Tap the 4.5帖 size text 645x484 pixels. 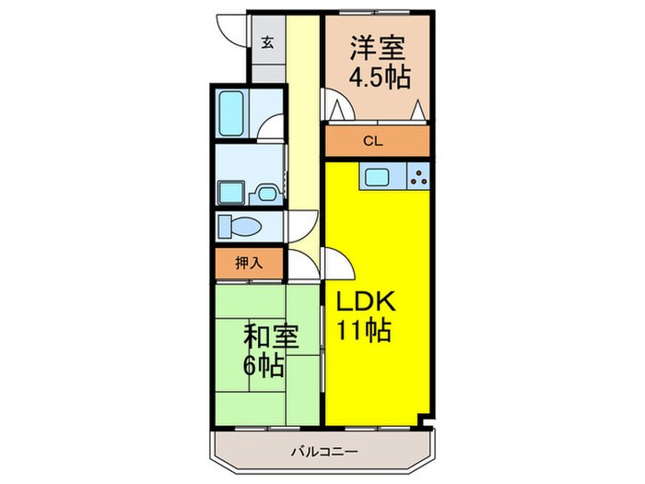click(379, 78)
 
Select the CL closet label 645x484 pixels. click(372, 142)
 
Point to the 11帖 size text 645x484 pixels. click(364, 330)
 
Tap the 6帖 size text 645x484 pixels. click(264, 365)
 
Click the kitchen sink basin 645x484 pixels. click(378, 178)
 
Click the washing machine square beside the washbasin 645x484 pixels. click(229, 193)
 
